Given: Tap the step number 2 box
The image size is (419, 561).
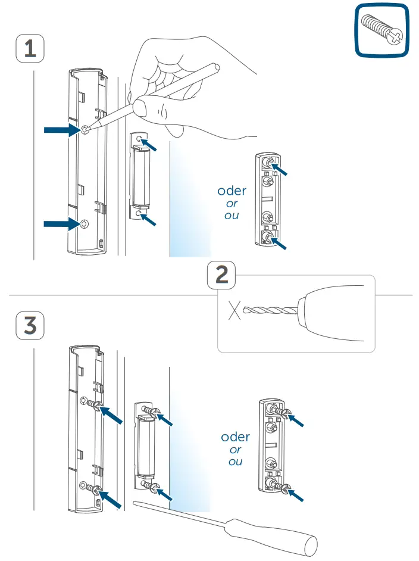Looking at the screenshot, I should pyautogui.click(x=221, y=276).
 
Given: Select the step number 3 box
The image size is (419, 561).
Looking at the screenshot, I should pyautogui.click(x=29, y=326).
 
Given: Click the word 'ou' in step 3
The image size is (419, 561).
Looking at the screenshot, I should pyautogui.click(x=235, y=462).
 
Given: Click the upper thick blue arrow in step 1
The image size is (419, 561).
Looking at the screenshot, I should pyautogui.click(x=62, y=129).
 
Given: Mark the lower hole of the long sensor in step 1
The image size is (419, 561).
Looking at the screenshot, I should pyautogui.click(x=84, y=224).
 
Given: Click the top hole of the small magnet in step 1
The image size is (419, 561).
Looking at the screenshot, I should pyautogui.click(x=139, y=139).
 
